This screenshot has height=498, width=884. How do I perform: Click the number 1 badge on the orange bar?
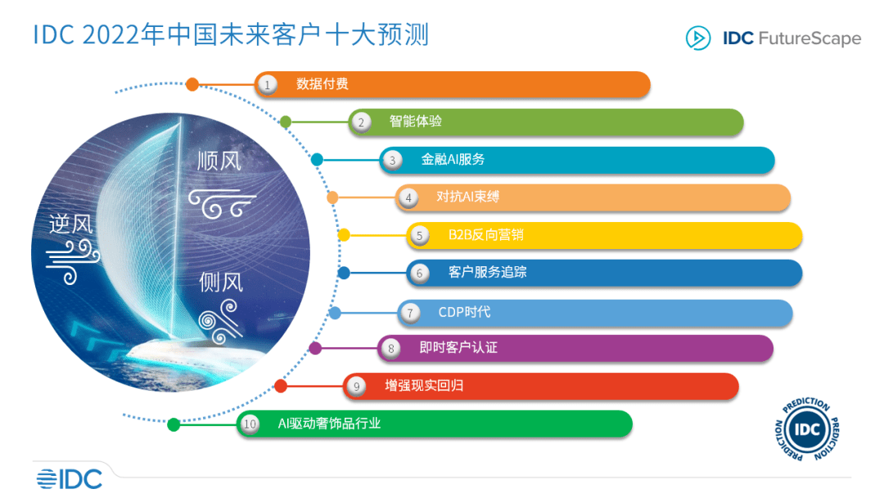pyautogui.click(x=267, y=85)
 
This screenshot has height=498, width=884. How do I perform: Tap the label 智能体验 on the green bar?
pyautogui.click(x=416, y=121)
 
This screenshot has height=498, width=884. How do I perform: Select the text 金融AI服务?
pyautogui.click(x=453, y=160)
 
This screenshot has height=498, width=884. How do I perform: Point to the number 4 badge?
pyautogui.click(x=408, y=198)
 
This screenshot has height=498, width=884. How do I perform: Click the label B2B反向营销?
pyautogui.click(x=486, y=234)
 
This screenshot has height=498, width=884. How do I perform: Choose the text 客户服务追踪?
pyautogui.click(x=488, y=273)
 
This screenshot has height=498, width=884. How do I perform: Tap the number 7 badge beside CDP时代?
pyautogui.click(x=410, y=312)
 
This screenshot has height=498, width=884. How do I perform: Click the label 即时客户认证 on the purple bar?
pyautogui.click(x=458, y=347)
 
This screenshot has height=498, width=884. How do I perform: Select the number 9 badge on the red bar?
pyautogui.click(x=356, y=387)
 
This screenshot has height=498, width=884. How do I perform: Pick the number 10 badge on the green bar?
pyautogui.click(x=250, y=424)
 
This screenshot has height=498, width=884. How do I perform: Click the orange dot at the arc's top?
pyautogui.click(x=192, y=84)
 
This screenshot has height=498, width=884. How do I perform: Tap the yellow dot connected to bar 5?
pyautogui.click(x=344, y=235)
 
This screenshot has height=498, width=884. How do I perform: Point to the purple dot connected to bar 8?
pyautogui.click(x=316, y=349)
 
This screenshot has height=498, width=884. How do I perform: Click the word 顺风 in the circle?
pyautogui.click(x=219, y=161)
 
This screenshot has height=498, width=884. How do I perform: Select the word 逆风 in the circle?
pyautogui.click(x=70, y=224)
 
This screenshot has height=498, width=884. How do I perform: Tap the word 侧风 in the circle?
pyautogui.click(x=220, y=282)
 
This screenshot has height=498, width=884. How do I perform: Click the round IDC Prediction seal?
pyautogui.click(x=807, y=429)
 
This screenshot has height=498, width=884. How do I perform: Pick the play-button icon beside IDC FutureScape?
pyautogui.click(x=698, y=38)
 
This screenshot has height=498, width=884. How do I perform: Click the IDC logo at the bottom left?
pyautogui.click(x=70, y=479)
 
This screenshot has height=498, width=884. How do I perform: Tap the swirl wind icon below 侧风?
pyautogui.click(x=220, y=321)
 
